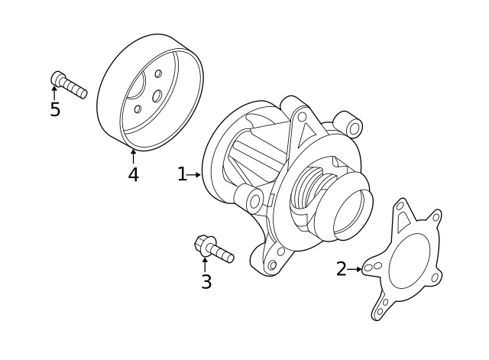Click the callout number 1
click(x=181, y=175)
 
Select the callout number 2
click(x=341, y=269)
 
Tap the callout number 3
click(x=206, y=282)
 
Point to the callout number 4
click(x=133, y=175)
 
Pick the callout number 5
click(x=55, y=110)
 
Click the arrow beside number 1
click(x=195, y=175)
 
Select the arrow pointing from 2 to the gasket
click(x=355, y=269)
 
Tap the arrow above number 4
click(x=133, y=155)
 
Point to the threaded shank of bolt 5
click(x=76, y=89)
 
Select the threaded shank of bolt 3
click(x=222, y=255)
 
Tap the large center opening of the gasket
click(x=410, y=261)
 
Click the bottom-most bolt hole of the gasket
click(x=381, y=312)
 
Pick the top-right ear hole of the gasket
click(x=436, y=217)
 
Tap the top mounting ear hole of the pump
click(x=302, y=116)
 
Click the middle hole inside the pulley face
click(x=156, y=96)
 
